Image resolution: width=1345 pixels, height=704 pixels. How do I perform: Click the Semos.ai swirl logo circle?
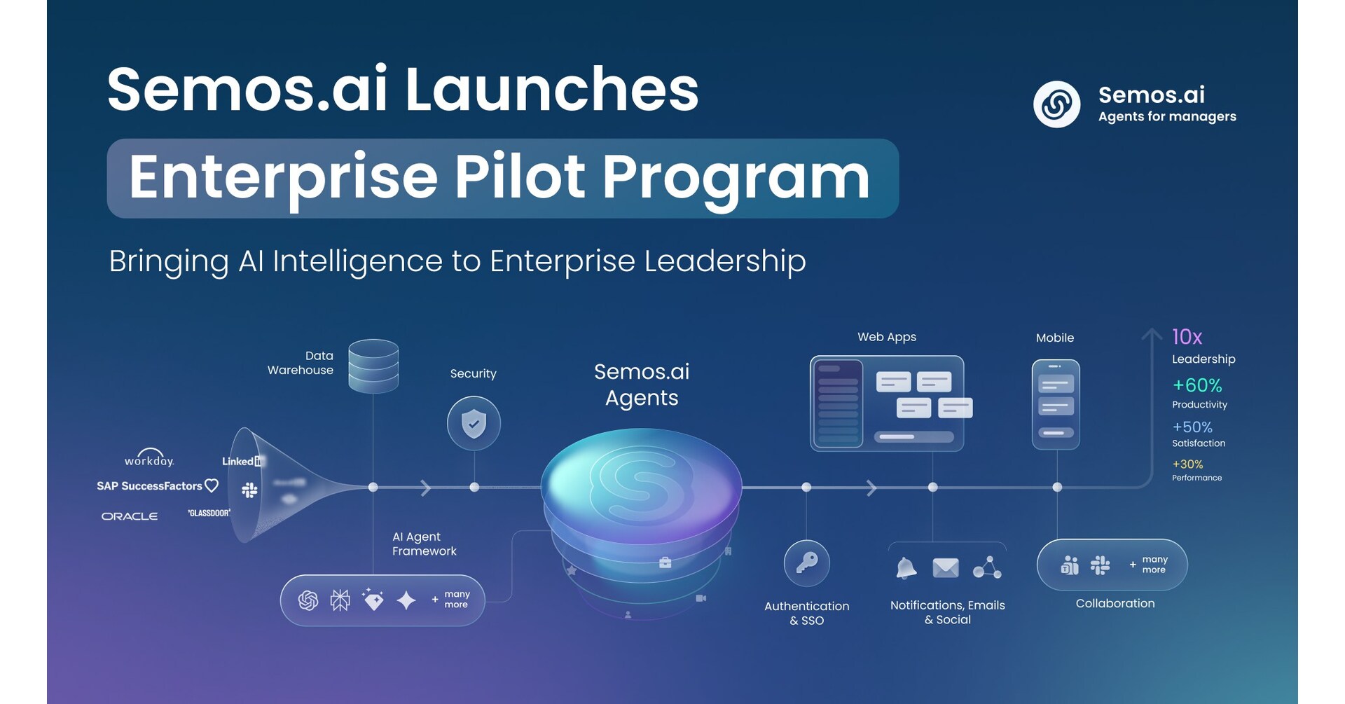1056,104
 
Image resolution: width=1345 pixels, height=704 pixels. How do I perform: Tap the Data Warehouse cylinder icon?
373,366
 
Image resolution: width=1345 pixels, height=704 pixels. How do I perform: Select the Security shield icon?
474,423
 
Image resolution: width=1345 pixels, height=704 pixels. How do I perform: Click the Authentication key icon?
806,563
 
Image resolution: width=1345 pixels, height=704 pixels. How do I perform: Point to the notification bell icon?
906,567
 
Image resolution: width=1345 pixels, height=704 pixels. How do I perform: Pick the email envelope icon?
946,567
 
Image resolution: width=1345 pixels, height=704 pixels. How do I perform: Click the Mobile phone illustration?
1056,404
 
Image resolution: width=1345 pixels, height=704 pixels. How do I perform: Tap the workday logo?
149,458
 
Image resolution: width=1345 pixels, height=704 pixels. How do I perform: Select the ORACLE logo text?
130,516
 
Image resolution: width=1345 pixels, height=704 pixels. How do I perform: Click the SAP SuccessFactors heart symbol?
212,485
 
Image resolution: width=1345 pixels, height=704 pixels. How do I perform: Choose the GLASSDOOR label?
209,513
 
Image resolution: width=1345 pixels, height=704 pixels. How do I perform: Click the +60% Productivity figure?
1197,385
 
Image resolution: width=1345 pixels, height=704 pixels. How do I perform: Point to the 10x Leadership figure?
1187,337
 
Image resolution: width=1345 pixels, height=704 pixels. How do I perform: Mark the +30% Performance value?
1188,464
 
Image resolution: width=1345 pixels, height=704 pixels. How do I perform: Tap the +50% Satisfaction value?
1192,427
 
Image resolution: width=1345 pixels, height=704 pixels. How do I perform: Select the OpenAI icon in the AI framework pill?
308,600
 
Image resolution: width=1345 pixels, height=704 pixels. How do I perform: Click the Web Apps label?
887,337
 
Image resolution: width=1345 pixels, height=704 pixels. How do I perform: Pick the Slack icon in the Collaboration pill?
1101,565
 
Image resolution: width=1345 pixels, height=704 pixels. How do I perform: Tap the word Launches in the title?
551,90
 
